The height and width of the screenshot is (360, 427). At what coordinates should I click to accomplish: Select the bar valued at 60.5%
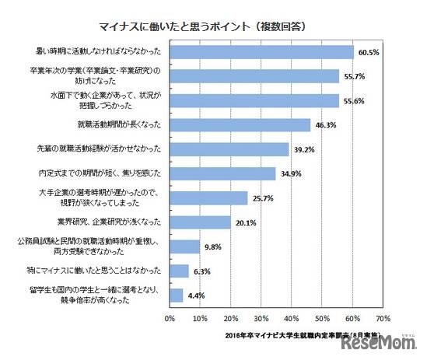point(261,53)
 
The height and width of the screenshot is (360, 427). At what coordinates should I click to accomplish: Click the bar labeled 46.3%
point(240,124)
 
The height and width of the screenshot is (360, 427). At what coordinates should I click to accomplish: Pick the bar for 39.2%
point(229,149)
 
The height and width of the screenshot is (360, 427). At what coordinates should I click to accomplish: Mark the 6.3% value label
point(205,271)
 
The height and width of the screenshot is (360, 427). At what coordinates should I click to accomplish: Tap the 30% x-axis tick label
point(261,318)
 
